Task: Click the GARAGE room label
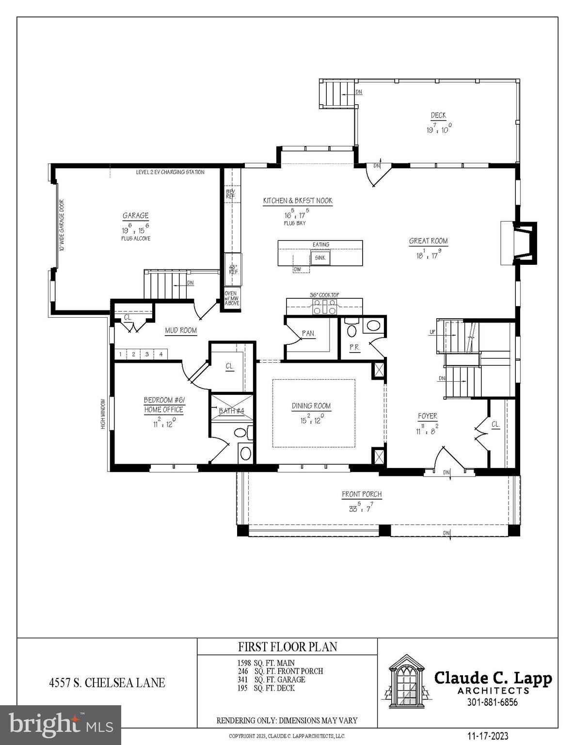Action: (x=135, y=216)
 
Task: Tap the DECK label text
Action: (x=438, y=115)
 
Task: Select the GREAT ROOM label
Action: (x=428, y=241)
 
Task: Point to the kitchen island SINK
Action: (x=320, y=258)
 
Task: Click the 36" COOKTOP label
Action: (x=324, y=295)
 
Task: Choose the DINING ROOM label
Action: (x=311, y=406)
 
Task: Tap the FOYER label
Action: (x=427, y=416)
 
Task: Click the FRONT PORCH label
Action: (x=362, y=494)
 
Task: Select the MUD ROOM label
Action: (x=181, y=330)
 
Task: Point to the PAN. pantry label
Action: (x=308, y=334)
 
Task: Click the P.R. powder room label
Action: (x=354, y=347)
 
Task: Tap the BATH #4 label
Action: (x=231, y=411)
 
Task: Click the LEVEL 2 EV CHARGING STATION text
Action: (x=170, y=172)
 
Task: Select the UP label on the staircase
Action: (x=432, y=333)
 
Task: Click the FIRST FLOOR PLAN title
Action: (x=287, y=647)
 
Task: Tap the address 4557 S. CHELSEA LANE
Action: (x=107, y=683)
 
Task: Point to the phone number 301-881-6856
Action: (x=492, y=702)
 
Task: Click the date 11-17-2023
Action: (x=488, y=736)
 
